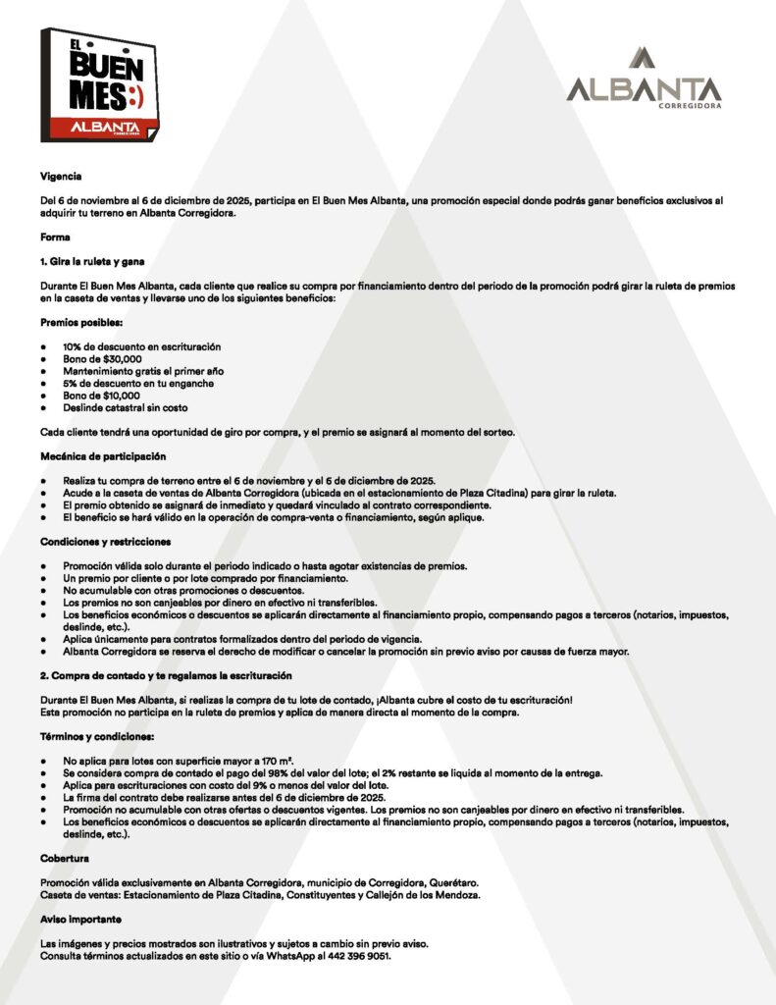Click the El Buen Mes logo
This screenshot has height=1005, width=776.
(x=102, y=84)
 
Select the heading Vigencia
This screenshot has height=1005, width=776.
(x=61, y=177)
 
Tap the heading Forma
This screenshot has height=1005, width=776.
(x=55, y=238)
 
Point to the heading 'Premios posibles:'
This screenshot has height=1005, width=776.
(x=81, y=322)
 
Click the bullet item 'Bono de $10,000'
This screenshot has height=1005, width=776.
(x=102, y=395)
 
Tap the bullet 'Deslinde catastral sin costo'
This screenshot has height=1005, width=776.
(x=125, y=406)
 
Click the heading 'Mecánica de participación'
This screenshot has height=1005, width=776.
(x=103, y=456)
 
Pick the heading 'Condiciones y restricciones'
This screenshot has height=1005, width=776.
(x=106, y=542)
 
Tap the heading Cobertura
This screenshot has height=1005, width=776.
(x=65, y=858)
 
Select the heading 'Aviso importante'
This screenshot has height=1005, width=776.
(x=81, y=919)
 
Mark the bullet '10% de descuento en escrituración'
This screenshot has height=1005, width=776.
(x=141, y=346)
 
